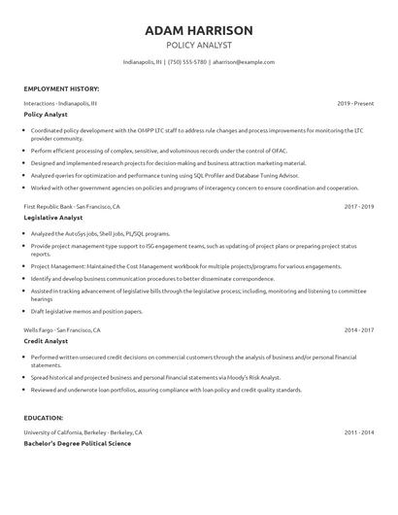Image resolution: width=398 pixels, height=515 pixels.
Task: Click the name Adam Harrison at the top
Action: (198, 30)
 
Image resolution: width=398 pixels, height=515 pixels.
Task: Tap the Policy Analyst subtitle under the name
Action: (198, 45)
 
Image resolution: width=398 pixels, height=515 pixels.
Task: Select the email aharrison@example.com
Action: (243, 62)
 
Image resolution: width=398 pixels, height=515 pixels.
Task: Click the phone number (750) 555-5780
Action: (186, 62)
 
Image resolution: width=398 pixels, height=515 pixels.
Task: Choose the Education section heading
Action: (45, 417)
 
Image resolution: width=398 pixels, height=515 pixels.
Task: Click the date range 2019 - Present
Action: (355, 102)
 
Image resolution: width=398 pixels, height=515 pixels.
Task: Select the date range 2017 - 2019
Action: (358, 207)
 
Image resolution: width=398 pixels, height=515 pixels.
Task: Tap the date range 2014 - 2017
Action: (358, 330)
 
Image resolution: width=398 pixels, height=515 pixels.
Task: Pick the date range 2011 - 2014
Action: (358, 430)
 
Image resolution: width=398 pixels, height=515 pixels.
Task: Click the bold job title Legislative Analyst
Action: (53, 219)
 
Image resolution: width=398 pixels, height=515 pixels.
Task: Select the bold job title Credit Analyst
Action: (46, 342)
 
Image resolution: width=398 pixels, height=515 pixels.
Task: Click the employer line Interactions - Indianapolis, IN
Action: (60, 102)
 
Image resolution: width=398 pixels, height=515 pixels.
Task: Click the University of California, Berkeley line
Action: (83, 430)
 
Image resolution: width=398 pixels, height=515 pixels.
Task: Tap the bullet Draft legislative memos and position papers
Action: (86, 311)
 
